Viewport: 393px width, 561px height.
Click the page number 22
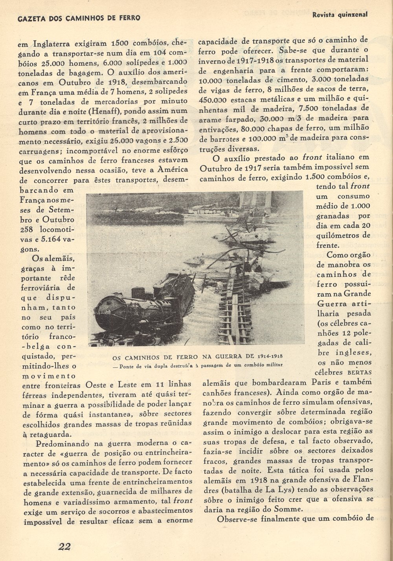pyautogui.click(x=64, y=546)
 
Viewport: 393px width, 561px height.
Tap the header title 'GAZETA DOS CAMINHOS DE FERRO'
pyautogui.click(x=74, y=18)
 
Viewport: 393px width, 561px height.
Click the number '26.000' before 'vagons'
pyautogui.click(x=123, y=140)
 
